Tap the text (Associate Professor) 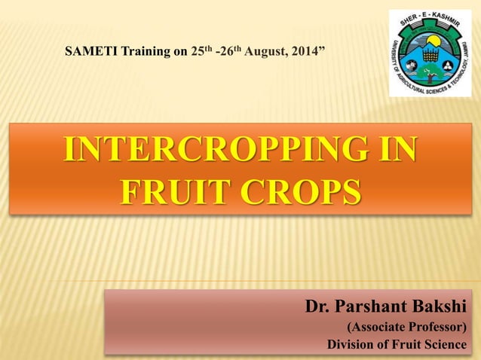406,328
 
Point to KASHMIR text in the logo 452,29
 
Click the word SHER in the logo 411,25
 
